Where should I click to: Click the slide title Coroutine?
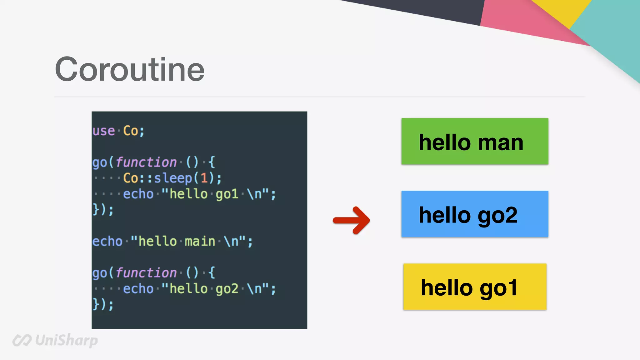pyautogui.click(x=130, y=69)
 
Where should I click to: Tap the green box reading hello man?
pyautogui.click(x=475, y=142)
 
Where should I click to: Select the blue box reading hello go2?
pyautogui.click(x=475, y=214)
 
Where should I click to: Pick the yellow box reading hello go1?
pyautogui.click(x=475, y=287)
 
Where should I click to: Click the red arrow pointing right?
pyautogui.click(x=352, y=220)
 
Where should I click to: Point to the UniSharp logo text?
pyautogui.click(x=66, y=340)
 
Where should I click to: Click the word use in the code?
pyautogui.click(x=104, y=131)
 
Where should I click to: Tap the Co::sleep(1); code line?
pyautogui.click(x=172, y=178)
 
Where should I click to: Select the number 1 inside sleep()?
pyautogui.click(x=204, y=178)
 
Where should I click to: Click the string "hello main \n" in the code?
pyautogui.click(x=188, y=242)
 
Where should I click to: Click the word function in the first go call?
pyautogui.click(x=146, y=162)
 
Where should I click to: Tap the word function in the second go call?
pyautogui.click(x=146, y=273)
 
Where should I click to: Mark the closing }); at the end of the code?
pyautogui.click(x=103, y=304)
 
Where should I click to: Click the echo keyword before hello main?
pyautogui.click(x=107, y=242)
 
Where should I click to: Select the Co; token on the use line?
pyautogui.click(x=134, y=131)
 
